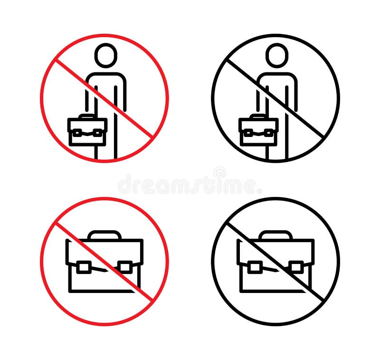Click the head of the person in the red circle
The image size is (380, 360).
105,55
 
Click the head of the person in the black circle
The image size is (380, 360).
277,55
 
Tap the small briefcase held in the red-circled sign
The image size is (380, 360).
87,130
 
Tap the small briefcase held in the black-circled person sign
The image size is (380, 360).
258,130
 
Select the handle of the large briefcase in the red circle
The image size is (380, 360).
104,234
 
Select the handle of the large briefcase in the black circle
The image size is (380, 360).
276,234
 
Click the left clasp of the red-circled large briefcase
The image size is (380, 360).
84,267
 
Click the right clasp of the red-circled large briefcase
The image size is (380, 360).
125,267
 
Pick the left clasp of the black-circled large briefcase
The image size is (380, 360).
255,267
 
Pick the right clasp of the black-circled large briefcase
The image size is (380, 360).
296,267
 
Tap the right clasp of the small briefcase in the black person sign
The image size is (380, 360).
269,133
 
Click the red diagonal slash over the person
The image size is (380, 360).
104,99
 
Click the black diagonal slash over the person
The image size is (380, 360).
275,99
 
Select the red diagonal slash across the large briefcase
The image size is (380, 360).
104,262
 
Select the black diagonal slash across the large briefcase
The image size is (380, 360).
275,262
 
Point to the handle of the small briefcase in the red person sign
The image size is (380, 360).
87,116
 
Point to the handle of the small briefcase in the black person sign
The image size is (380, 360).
258,116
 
